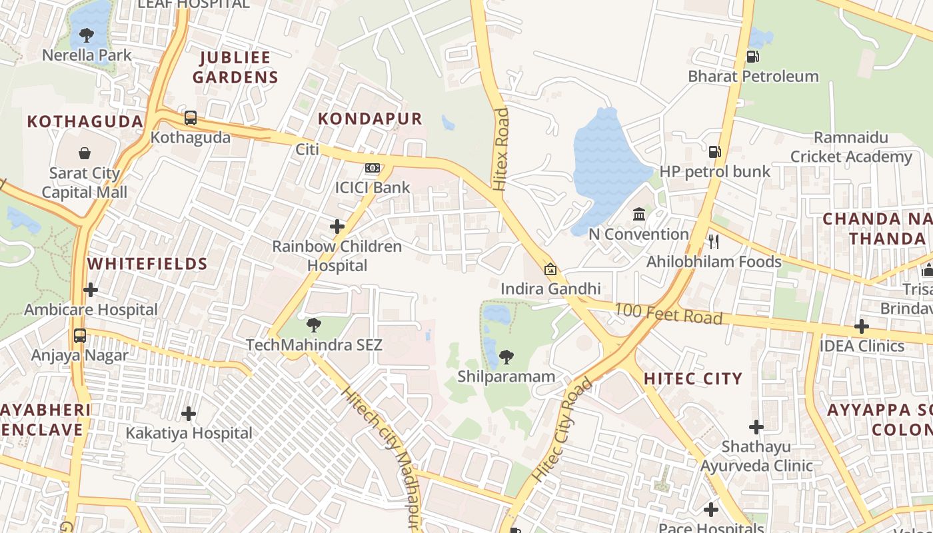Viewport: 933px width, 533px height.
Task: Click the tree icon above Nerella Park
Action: click(x=86, y=35)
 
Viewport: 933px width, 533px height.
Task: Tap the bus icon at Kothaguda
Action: click(x=191, y=118)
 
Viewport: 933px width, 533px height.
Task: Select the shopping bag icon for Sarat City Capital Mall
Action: click(x=85, y=154)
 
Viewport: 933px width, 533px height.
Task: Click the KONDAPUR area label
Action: click(x=370, y=119)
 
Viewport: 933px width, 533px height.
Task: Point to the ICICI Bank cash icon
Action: click(x=373, y=168)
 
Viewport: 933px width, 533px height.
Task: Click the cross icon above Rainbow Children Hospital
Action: click(x=337, y=227)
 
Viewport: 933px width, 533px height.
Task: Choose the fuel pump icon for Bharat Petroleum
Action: click(x=753, y=57)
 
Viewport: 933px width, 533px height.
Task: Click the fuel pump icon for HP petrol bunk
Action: click(x=715, y=152)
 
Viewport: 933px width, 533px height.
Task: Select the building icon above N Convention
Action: click(x=639, y=214)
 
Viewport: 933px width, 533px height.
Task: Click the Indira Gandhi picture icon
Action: click(x=550, y=269)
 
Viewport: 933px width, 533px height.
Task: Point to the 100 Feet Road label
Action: click(x=668, y=313)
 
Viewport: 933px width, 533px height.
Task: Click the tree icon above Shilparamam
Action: click(x=506, y=357)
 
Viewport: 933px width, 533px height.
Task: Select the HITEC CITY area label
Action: click(x=693, y=379)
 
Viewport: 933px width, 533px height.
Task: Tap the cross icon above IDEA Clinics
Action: click(x=862, y=326)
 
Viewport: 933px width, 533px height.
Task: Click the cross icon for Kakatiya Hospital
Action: click(x=189, y=414)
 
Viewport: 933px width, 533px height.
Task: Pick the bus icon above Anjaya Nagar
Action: click(x=80, y=335)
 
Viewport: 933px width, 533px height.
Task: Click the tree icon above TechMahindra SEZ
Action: click(x=314, y=325)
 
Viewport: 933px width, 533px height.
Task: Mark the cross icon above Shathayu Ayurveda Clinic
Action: click(x=756, y=426)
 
